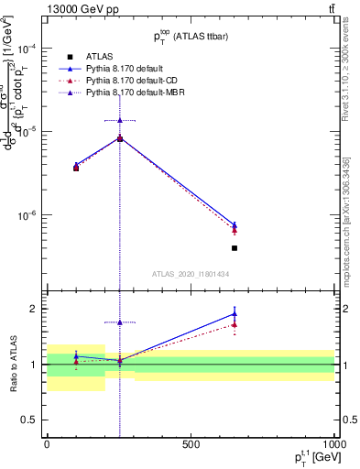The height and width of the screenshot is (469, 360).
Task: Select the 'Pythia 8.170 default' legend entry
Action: [129, 69]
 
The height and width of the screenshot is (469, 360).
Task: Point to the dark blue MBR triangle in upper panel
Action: [120, 120]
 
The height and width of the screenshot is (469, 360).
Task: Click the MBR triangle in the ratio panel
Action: [120, 322]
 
